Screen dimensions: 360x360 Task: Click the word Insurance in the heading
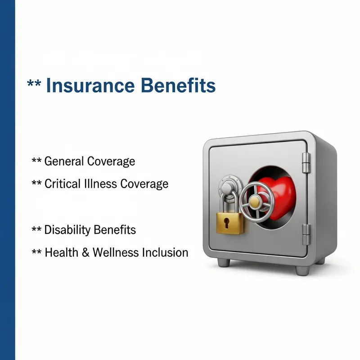(x=90, y=85)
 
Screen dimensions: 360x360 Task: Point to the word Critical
(x=61, y=184)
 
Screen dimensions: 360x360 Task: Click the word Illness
(x=98, y=184)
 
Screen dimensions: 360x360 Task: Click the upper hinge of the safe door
(x=306, y=162)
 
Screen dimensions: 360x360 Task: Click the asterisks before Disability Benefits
(x=36, y=230)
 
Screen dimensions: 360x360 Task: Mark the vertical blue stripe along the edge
(x=8, y=180)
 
